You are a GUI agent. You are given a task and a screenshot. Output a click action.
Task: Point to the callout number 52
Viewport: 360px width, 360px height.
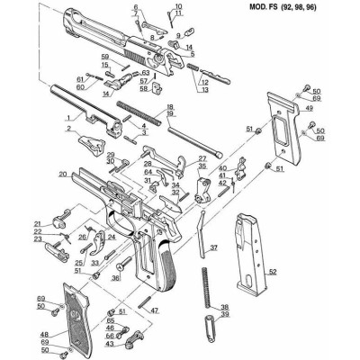272,271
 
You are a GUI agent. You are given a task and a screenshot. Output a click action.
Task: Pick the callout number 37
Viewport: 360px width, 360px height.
213,247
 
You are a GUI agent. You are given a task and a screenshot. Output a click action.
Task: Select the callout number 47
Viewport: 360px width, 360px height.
155,310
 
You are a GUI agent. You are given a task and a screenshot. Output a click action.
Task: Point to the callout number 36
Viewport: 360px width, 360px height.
115,279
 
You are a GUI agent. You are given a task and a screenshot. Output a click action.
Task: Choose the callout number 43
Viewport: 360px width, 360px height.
110,345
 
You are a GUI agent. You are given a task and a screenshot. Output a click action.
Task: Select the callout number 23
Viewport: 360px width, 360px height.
38,239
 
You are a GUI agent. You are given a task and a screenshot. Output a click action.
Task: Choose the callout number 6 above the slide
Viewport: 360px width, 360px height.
136,8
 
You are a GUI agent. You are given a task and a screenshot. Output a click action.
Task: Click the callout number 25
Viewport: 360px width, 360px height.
80,262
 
